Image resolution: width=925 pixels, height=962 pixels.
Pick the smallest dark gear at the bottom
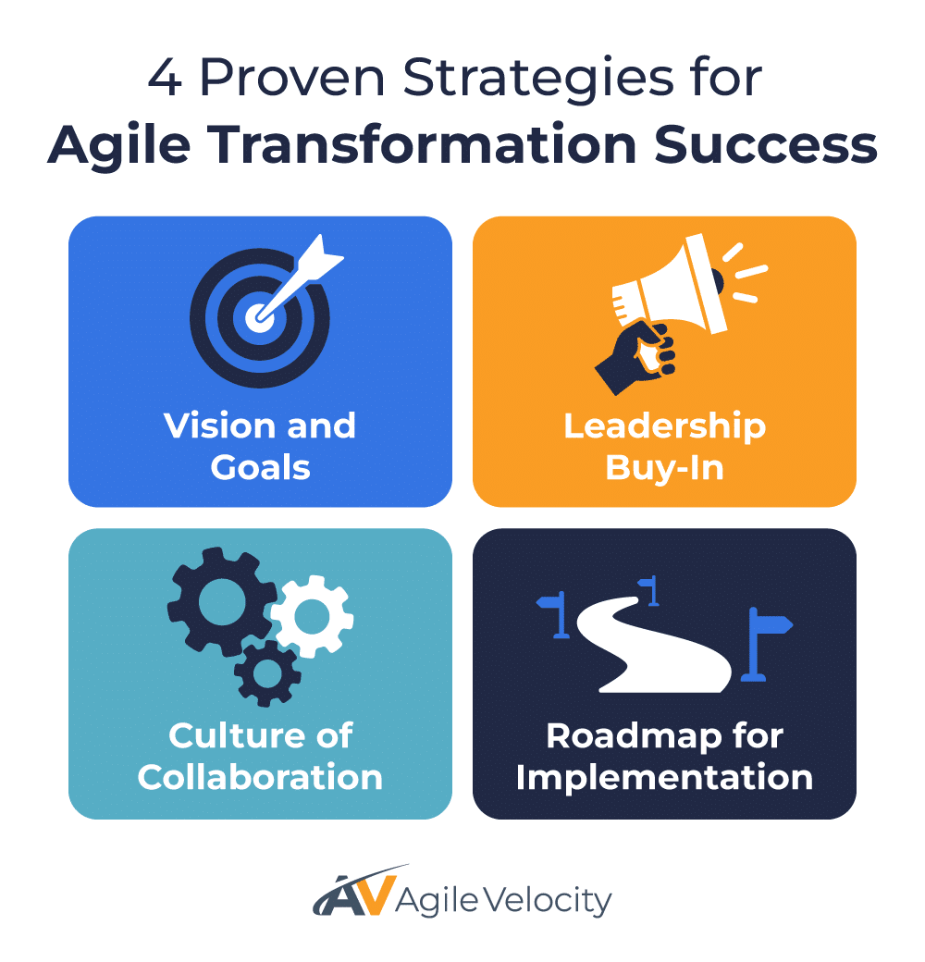pyautogui.click(x=267, y=672)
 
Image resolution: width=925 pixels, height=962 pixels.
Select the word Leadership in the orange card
pyautogui.click(x=664, y=426)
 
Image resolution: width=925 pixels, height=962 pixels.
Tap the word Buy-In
pyautogui.click(x=664, y=468)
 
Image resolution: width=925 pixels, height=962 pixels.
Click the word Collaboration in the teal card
pyautogui.click(x=260, y=777)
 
